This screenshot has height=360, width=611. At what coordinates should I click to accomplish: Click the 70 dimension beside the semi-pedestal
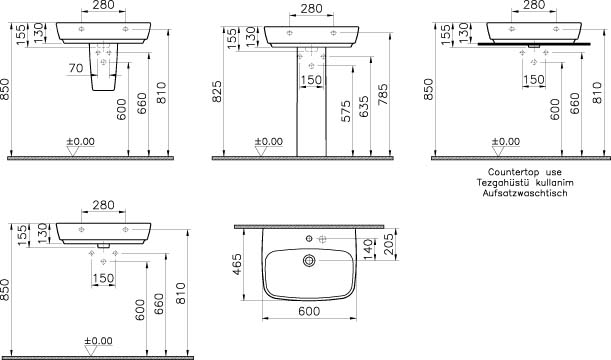point(76,68)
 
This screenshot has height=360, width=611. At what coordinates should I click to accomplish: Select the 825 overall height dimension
point(217,92)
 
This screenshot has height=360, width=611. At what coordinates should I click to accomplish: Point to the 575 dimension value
point(346,111)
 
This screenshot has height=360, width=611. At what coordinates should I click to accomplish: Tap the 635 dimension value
point(363,107)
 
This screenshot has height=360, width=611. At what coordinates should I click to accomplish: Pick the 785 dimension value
point(383,95)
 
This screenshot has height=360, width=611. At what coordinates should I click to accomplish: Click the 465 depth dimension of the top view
point(237,265)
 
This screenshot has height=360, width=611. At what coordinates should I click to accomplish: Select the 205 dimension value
point(388,244)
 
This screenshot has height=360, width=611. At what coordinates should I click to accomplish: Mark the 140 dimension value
point(368,249)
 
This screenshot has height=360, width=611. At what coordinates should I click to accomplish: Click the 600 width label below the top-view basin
point(309,311)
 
